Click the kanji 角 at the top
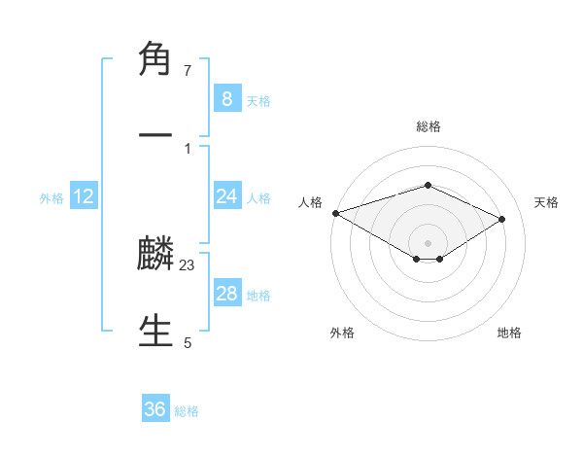(155, 60)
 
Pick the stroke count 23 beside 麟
(188, 264)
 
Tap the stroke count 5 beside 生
(188, 342)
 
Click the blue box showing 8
(226, 98)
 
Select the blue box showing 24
(226, 196)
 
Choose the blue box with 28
(226, 294)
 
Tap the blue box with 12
(84, 196)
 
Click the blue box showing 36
(154, 409)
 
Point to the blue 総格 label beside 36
(187, 411)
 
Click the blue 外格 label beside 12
(51, 198)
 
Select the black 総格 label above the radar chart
(429, 126)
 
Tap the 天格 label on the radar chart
(546, 202)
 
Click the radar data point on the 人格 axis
(335, 213)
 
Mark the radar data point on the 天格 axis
(502, 219)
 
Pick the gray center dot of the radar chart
(429, 242)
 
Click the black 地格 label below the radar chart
(509, 333)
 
